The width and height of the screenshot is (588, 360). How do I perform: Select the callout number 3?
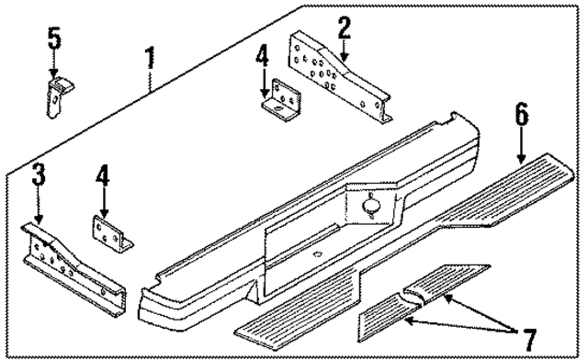point(38,174)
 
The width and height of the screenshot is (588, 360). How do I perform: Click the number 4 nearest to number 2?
point(263,58)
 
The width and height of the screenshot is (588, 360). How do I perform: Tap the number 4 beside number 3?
point(104,176)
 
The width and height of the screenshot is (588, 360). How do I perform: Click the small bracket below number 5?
point(59,96)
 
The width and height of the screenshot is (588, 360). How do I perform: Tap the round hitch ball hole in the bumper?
point(373,207)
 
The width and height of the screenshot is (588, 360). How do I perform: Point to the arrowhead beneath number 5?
point(54,74)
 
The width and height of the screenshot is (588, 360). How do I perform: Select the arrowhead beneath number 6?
point(521,150)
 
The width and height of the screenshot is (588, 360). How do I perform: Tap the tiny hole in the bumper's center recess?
point(317,253)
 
